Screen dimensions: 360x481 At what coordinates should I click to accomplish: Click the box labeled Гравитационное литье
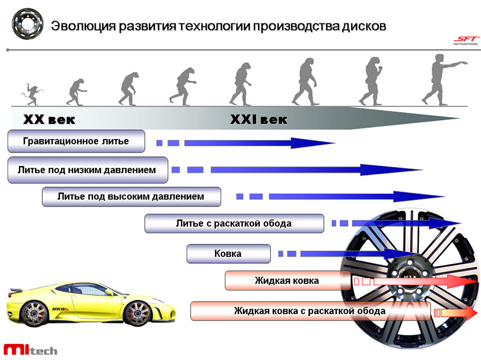(76, 142)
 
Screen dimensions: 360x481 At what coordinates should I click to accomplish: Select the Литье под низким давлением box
(87, 170)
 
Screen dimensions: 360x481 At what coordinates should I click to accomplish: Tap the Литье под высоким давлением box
(131, 197)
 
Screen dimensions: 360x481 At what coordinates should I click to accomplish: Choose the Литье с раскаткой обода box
(234, 224)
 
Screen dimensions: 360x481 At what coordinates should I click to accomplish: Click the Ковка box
(228, 254)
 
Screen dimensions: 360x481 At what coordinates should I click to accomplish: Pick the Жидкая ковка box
(287, 281)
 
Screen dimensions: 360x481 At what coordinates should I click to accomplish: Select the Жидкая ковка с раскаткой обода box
(310, 311)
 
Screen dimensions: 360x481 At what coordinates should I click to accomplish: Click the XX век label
(49, 120)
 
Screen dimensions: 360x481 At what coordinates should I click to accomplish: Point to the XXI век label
(258, 120)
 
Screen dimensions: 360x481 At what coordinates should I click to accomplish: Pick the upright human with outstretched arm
(441, 79)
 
